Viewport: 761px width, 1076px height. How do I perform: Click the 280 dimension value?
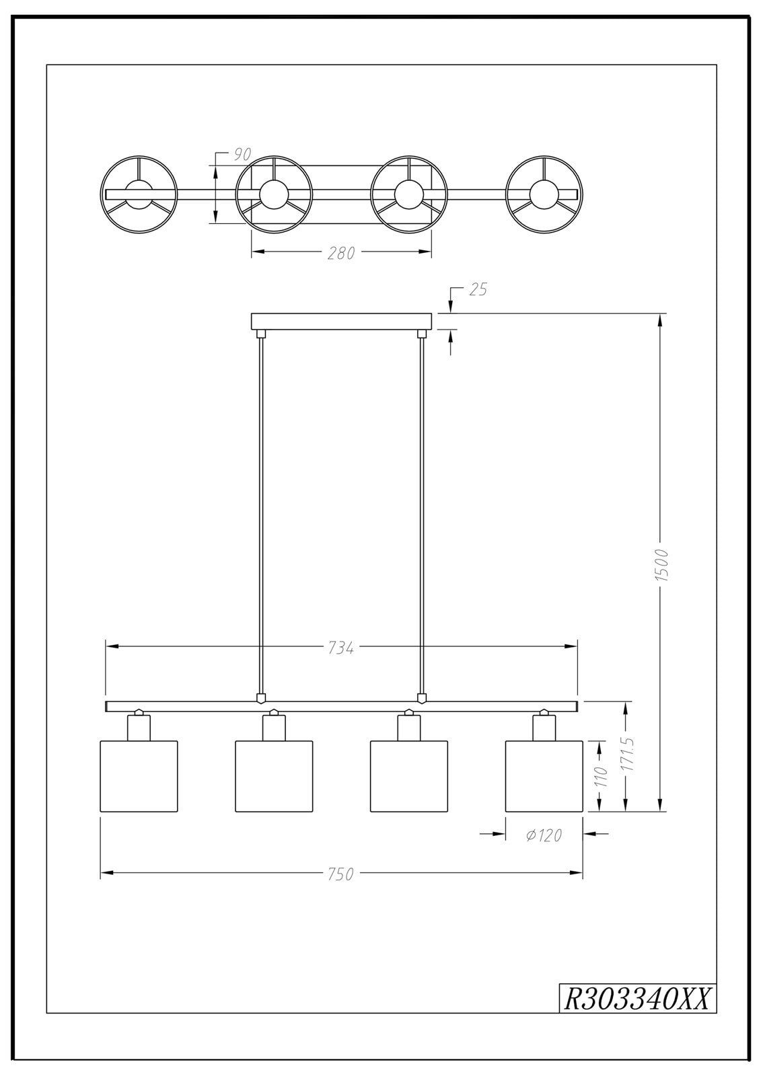pyautogui.click(x=341, y=253)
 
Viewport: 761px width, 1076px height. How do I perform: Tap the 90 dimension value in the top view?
pyautogui.click(x=243, y=155)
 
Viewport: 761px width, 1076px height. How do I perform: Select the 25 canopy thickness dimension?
pyautogui.click(x=477, y=290)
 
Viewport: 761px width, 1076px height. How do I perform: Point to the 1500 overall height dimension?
pyautogui.click(x=663, y=564)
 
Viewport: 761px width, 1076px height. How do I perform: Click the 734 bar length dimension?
pyautogui.click(x=341, y=648)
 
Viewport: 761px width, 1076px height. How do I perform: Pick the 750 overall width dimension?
pyautogui.click(x=341, y=874)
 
